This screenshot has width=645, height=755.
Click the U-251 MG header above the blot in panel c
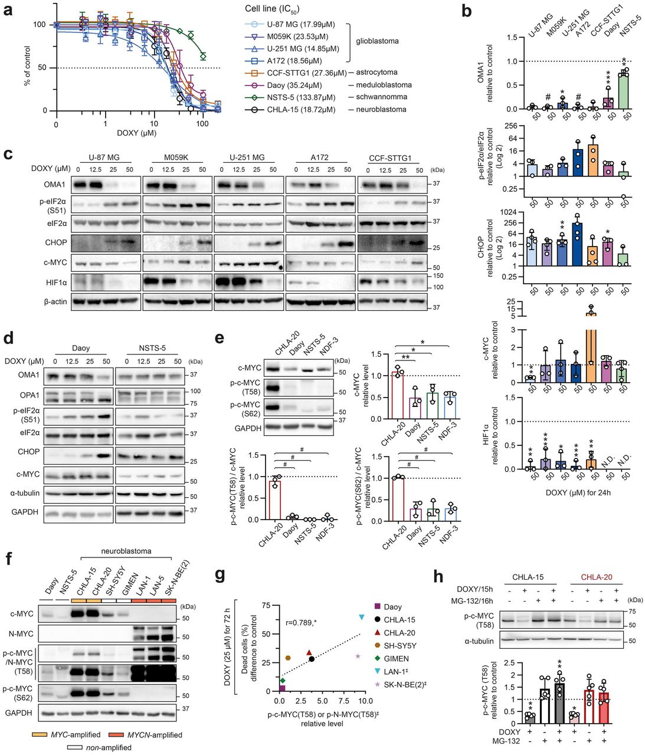tap(246, 157)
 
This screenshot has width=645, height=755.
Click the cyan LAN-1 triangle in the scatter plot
tap(361, 617)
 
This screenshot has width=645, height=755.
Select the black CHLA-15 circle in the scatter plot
tap(312, 658)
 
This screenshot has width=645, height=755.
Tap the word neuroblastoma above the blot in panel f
tap(124, 551)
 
